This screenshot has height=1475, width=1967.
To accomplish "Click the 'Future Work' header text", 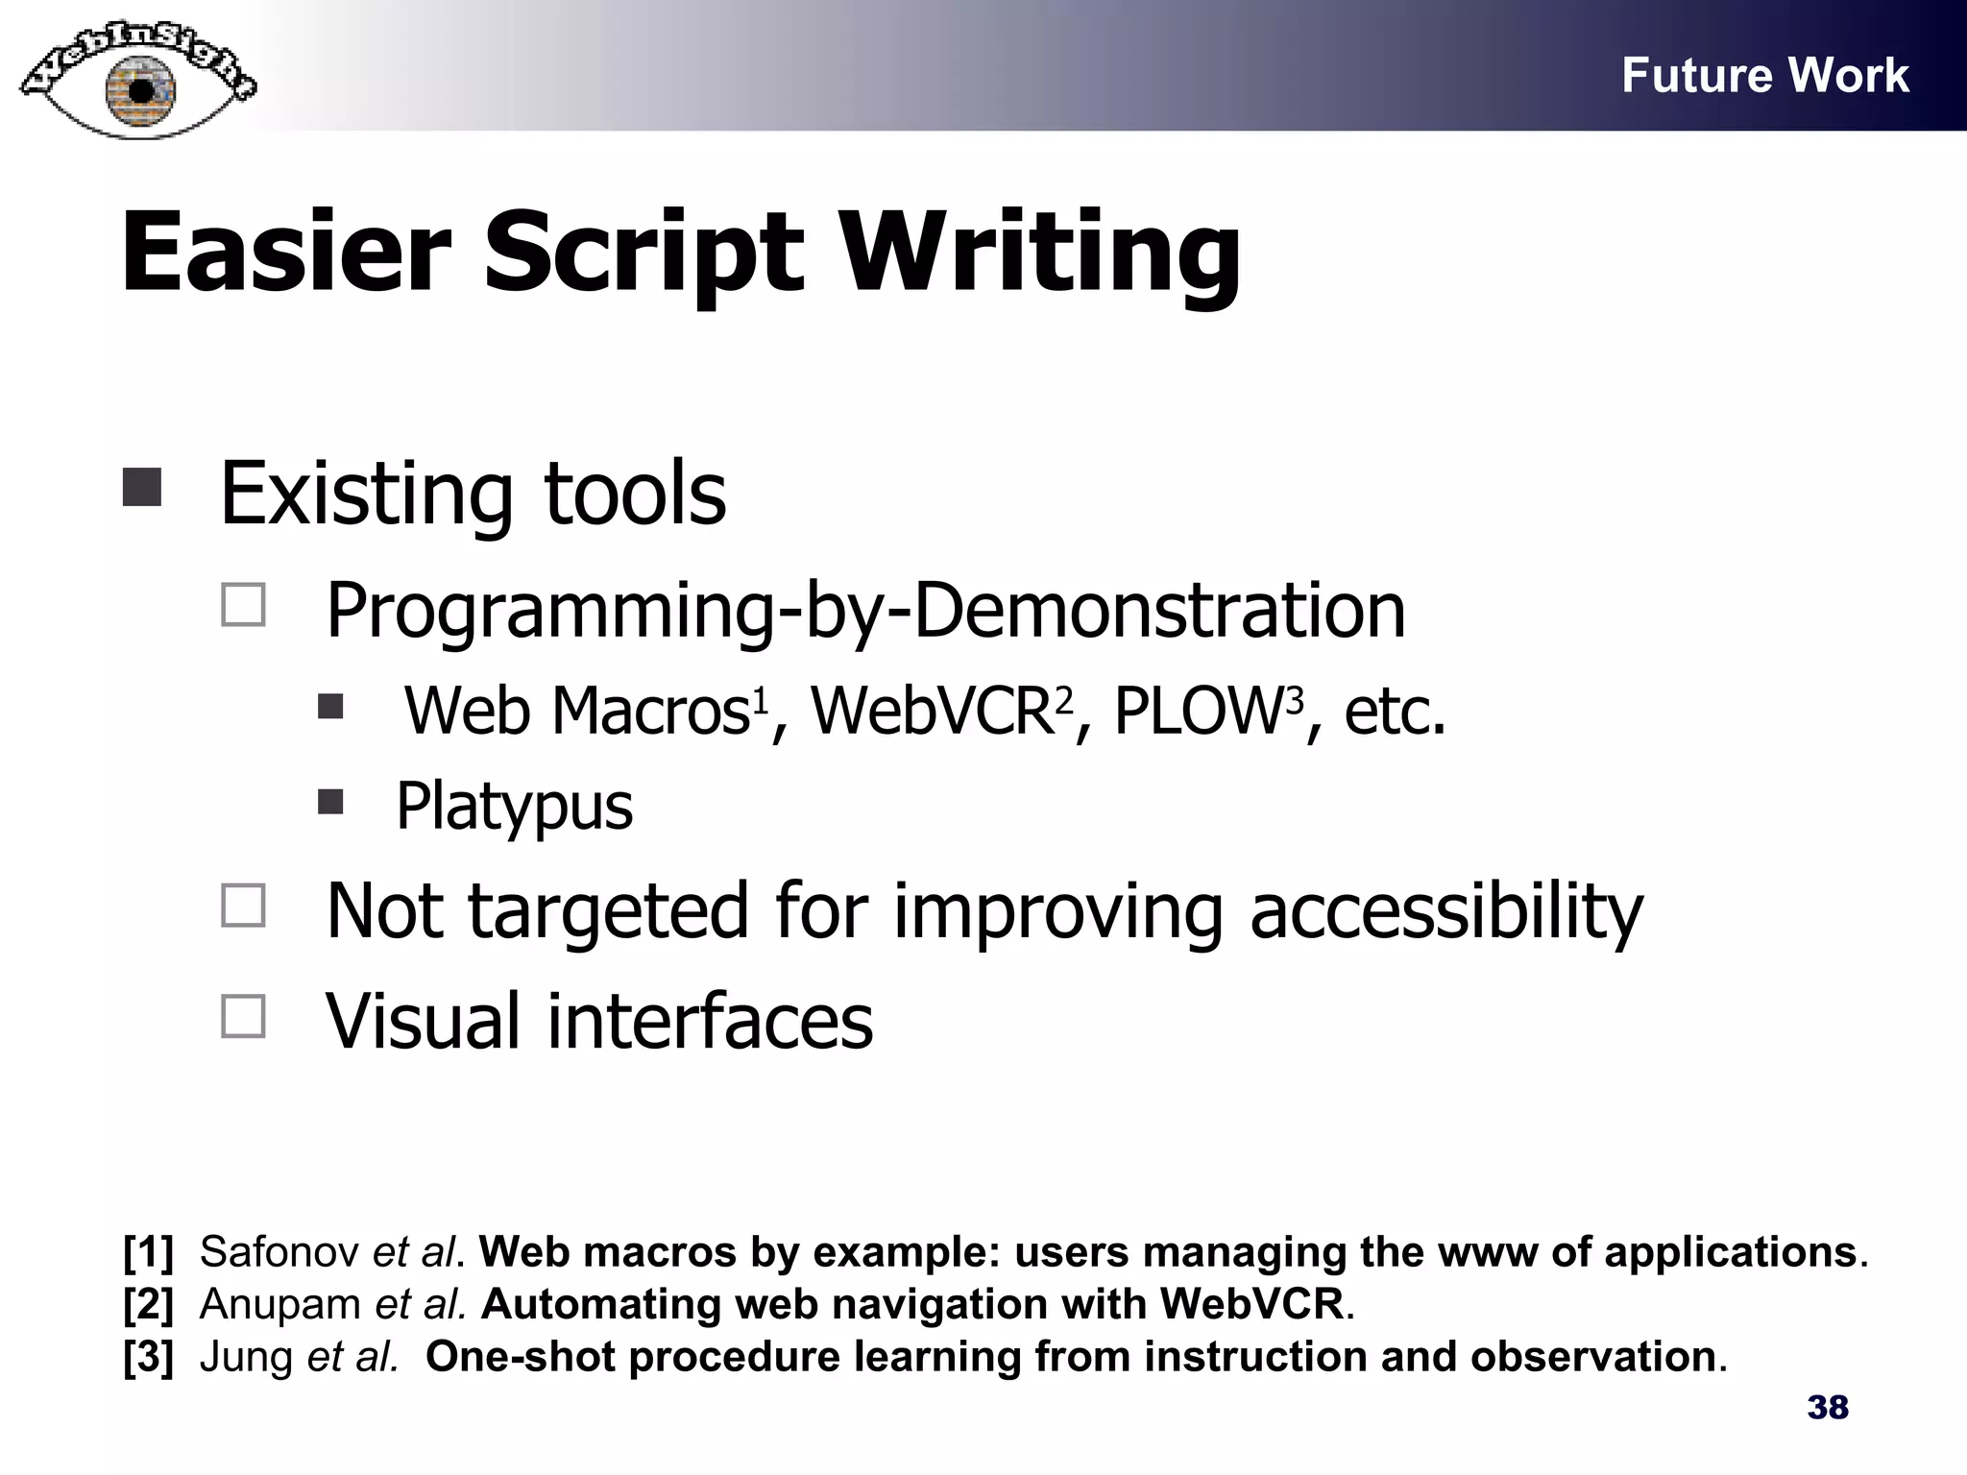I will (x=1764, y=75).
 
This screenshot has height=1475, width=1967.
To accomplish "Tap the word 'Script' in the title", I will (x=643, y=253).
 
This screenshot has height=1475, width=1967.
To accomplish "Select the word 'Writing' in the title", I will (x=1041, y=253).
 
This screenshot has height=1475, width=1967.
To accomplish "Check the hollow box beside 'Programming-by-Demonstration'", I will (x=243, y=606).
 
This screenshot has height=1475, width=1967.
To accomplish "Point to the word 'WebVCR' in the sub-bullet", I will (x=932, y=712).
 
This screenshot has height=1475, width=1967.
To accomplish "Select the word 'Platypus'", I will (x=514, y=806).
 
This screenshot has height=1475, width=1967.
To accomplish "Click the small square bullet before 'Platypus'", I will (x=330, y=801).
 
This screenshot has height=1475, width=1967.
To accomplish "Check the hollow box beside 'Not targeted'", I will (x=243, y=906).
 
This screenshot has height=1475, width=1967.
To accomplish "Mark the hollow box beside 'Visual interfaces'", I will (x=243, y=1016).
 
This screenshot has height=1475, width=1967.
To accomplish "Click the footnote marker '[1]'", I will (x=149, y=1252).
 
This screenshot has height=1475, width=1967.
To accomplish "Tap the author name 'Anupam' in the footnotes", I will (x=279, y=1304).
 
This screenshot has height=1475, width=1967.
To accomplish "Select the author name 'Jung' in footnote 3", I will (x=246, y=1356).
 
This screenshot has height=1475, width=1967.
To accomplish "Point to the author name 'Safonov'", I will (x=279, y=1252).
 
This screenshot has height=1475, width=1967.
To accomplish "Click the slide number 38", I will (x=1828, y=1408).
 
